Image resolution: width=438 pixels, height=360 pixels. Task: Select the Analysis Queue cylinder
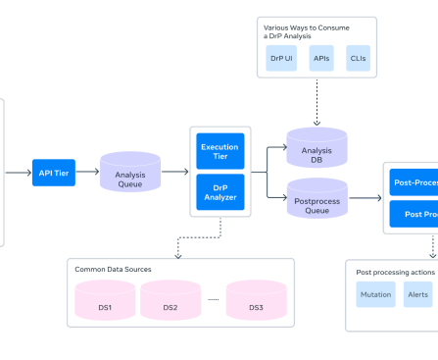[x=129, y=172]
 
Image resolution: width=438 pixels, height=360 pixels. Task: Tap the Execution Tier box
[x=219, y=151]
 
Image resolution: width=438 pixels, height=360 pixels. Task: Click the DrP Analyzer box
[x=219, y=192]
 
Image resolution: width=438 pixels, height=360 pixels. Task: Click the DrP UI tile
[x=282, y=59]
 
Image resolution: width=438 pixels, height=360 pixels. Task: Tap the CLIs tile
[x=359, y=59]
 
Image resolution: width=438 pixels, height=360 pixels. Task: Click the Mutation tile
[x=375, y=294]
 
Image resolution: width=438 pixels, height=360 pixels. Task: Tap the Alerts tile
[x=418, y=294]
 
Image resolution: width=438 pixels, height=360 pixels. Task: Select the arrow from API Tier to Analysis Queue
[x=87, y=172]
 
